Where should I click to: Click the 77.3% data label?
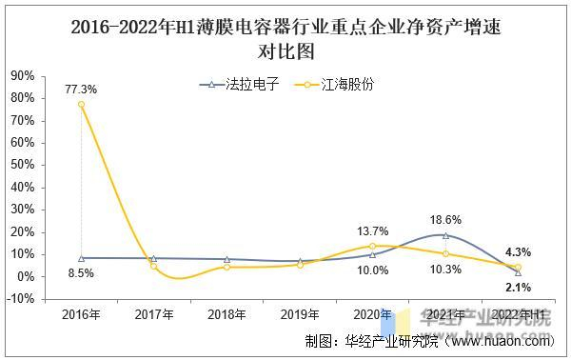(x=81, y=89)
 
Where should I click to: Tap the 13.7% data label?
(x=372, y=230)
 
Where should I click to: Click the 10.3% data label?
(x=445, y=270)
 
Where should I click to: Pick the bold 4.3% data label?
(x=518, y=251)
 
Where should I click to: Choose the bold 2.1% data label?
(x=518, y=287)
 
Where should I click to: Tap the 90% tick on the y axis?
(x=23, y=75)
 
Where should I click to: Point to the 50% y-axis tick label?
(x=23, y=165)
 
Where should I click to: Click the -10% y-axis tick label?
(x=22, y=299)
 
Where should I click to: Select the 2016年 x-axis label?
(x=81, y=314)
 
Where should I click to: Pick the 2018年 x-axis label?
(x=226, y=314)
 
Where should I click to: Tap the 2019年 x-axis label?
(x=299, y=314)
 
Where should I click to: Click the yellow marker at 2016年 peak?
(x=81, y=104)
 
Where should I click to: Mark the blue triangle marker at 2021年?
(x=445, y=234)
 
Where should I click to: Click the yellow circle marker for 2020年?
(x=372, y=246)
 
